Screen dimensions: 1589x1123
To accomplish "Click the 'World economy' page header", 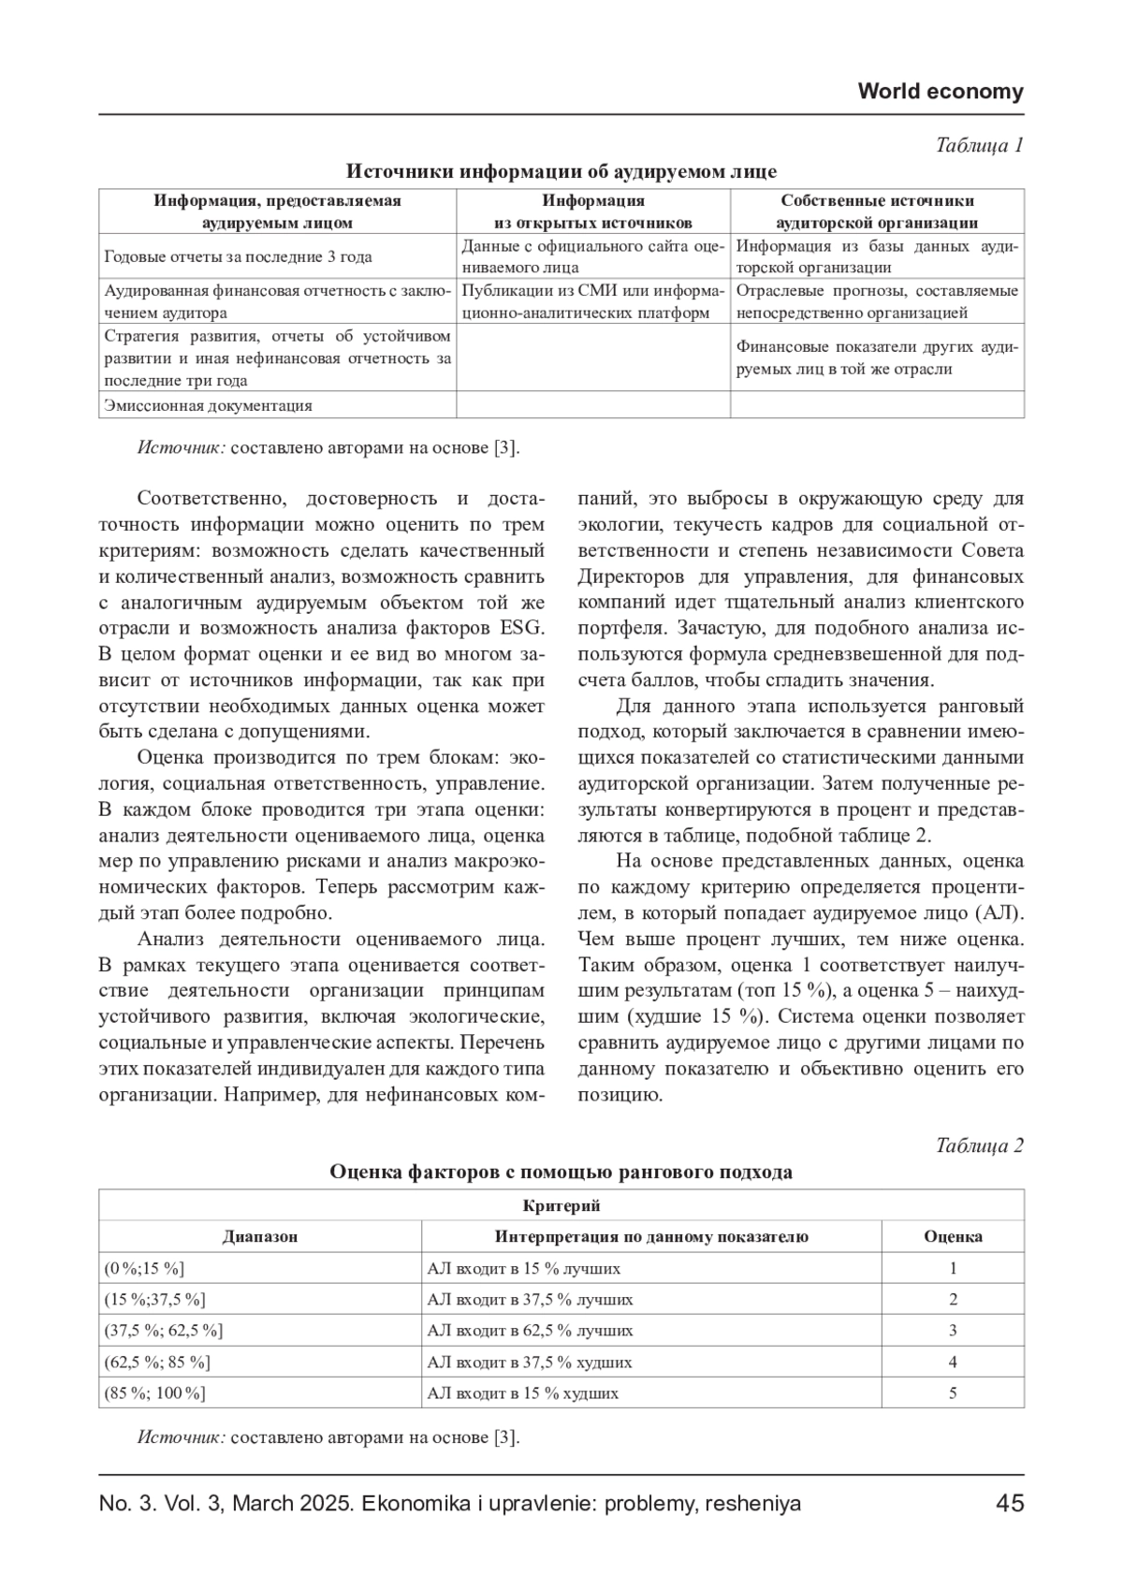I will point(940,92).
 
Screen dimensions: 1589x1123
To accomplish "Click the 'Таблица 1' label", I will point(979,145).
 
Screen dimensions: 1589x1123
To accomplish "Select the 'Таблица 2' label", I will point(979,1145).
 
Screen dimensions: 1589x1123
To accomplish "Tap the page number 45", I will point(1010,1504).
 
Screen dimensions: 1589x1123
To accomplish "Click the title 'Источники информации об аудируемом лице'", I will point(561,171).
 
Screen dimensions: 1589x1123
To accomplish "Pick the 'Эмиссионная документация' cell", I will point(209,405).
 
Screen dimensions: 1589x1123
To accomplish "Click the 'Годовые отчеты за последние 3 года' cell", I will point(239,256).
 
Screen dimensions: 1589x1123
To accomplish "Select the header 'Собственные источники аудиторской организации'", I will point(877,211).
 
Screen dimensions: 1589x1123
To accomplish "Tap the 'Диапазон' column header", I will point(260,1236).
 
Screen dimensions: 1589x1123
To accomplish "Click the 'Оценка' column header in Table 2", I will point(953,1236).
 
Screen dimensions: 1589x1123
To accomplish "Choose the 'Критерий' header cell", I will point(561,1205).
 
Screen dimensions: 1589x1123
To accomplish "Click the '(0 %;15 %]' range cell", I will point(145,1269).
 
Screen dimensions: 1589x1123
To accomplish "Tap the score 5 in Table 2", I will point(953,1392).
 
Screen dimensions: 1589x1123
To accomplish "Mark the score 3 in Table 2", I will point(953,1330).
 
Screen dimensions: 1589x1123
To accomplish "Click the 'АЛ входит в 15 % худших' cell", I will point(522,1392).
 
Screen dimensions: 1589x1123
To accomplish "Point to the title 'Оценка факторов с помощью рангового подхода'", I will point(561,1172).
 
